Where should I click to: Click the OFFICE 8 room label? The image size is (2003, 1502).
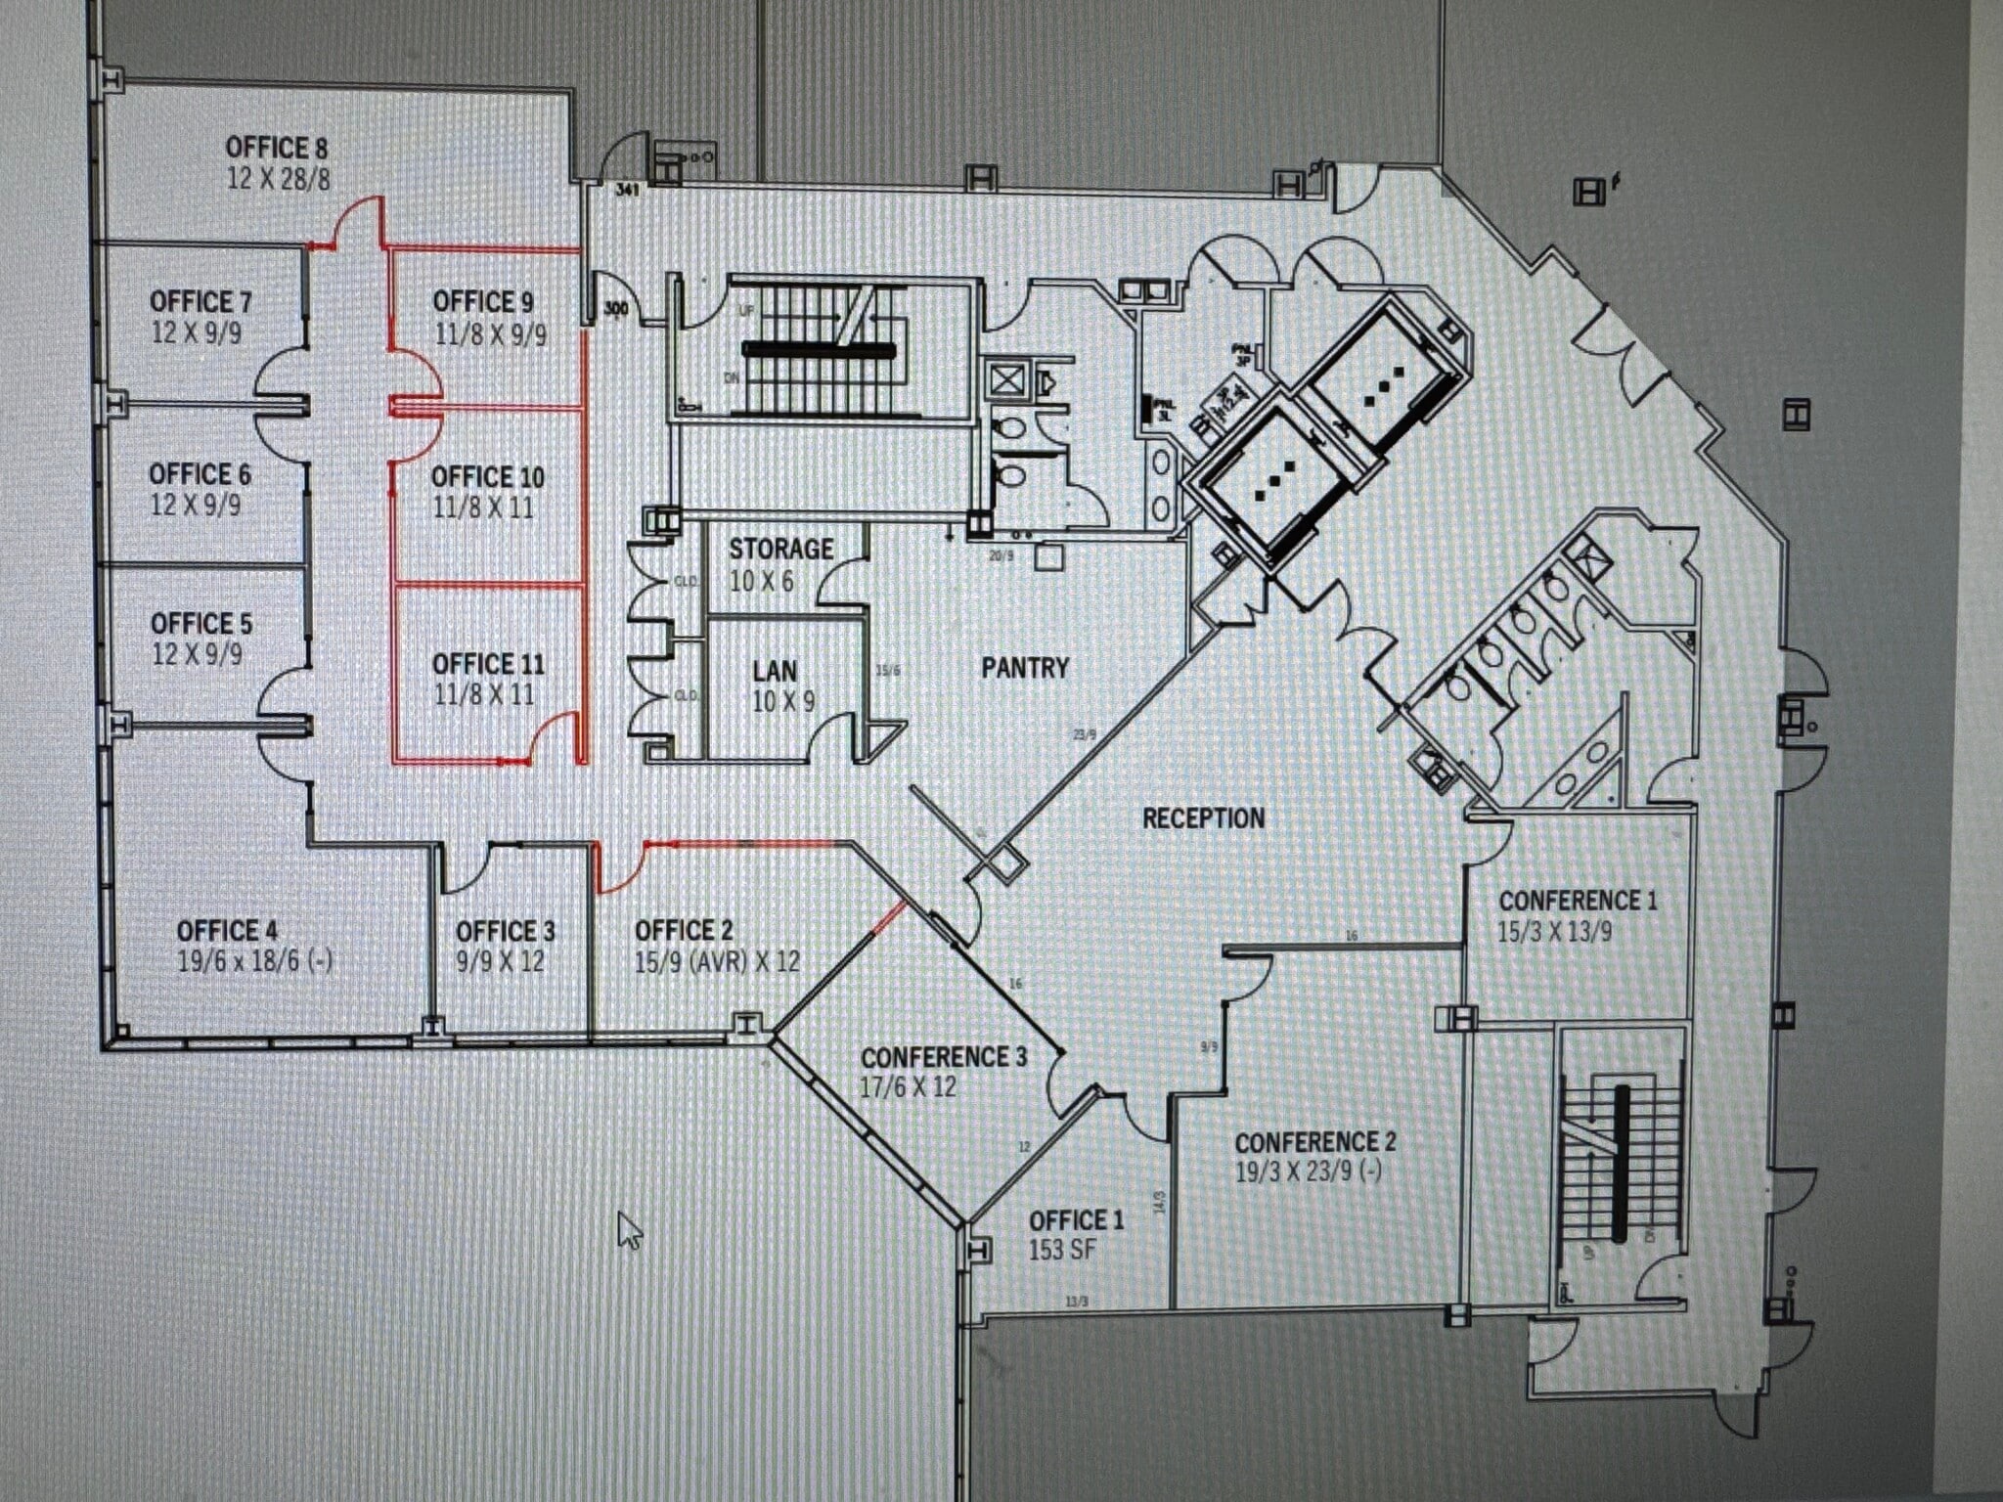click(x=277, y=148)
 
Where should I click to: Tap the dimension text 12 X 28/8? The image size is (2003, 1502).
click(x=279, y=179)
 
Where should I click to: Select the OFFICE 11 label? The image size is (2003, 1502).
click(x=488, y=664)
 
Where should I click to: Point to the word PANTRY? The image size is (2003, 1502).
click(x=1025, y=668)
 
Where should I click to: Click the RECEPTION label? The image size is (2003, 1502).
click(x=1203, y=817)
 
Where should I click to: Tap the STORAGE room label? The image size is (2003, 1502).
click(x=780, y=549)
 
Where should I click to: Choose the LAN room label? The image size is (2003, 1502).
click(x=775, y=671)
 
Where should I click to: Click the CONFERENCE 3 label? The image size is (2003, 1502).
click(x=944, y=1057)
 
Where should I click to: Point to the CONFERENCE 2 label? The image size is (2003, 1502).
click(x=1314, y=1142)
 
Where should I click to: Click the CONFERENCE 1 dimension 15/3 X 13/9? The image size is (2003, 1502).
click(x=1554, y=931)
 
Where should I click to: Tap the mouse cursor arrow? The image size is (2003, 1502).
click(x=629, y=1229)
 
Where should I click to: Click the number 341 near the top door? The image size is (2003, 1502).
click(x=626, y=190)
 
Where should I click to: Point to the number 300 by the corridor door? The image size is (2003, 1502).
click(x=616, y=309)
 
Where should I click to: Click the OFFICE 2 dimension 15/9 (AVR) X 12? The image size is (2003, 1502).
click(x=717, y=961)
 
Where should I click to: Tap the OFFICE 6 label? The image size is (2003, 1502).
click(x=200, y=474)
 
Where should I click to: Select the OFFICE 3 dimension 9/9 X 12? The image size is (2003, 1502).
click(x=500, y=961)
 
